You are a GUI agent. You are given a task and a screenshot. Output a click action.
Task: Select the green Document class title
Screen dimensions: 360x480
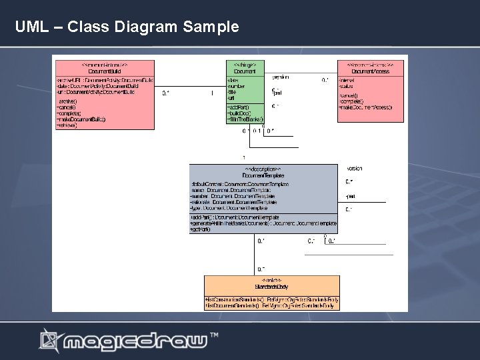(x=245, y=71)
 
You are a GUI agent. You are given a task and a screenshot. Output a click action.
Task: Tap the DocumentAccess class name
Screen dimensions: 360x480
(x=371, y=71)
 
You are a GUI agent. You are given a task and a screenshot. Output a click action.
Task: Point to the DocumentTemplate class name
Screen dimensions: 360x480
(x=264, y=175)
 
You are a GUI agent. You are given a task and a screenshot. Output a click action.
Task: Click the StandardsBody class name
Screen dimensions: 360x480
(x=271, y=287)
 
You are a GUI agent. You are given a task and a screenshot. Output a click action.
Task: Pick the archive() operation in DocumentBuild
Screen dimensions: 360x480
(x=66, y=101)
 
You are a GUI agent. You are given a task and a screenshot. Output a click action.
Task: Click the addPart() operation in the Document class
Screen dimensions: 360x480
(x=238, y=107)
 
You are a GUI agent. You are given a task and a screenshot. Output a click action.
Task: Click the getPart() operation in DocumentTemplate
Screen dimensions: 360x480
(x=201, y=229)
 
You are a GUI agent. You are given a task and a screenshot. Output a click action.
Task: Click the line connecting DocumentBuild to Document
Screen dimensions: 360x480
(x=190, y=87)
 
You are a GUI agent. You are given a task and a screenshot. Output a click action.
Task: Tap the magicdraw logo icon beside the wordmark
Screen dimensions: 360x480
(x=49, y=341)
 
